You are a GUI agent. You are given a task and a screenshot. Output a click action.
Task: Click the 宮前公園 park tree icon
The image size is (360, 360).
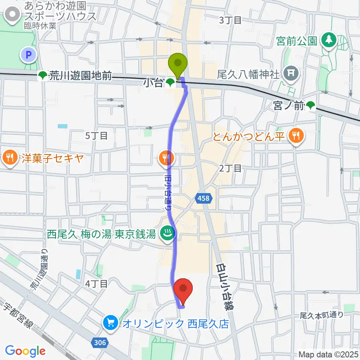(x=330, y=40)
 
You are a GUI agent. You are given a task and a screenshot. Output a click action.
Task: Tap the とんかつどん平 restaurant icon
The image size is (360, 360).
(x=296, y=136)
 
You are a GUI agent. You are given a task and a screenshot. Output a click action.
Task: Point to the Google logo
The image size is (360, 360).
(x=25, y=351)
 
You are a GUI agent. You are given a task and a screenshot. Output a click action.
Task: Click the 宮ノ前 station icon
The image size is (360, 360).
(x=310, y=106)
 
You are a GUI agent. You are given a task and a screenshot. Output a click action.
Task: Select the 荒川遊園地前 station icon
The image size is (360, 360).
(x=43, y=76)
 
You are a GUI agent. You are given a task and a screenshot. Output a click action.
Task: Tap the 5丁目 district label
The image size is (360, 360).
(x=96, y=136)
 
